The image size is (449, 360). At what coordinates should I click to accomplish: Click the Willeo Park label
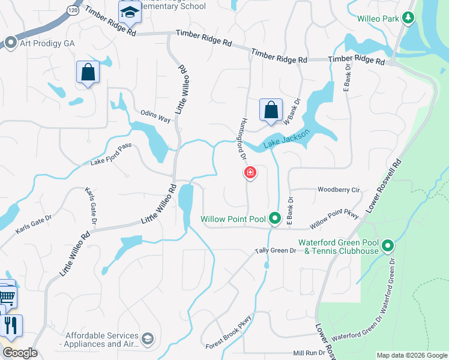(x=378, y=19)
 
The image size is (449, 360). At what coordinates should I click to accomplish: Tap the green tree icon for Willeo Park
(x=408, y=18)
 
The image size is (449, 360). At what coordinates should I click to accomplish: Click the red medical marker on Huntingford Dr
(x=250, y=173)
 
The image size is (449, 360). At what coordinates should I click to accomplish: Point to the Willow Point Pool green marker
(x=274, y=218)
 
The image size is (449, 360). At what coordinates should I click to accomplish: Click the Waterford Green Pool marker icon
(x=388, y=245)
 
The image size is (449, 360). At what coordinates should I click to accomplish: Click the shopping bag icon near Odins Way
(x=88, y=73)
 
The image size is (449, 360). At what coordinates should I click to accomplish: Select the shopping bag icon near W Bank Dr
(x=271, y=110)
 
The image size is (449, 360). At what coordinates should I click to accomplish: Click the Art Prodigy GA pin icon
(x=10, y=43)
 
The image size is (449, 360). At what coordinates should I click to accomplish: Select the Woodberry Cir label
(x=338, y=190)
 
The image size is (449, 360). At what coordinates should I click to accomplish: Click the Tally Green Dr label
(x=276, y=250)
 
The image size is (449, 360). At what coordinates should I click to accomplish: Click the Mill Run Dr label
(x=309, y=354)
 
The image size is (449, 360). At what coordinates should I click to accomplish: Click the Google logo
(x=20, y=353)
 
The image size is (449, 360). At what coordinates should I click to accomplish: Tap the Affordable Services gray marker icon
(x=148, y=340)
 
